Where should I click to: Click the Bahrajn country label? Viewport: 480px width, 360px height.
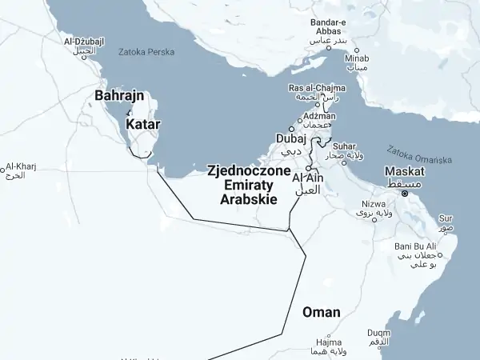click(119, 96)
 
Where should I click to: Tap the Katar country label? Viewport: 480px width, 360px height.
click(143, 125)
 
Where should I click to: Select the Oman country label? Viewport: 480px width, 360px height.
click(321, 312)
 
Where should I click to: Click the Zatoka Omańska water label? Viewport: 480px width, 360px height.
click(419, 154)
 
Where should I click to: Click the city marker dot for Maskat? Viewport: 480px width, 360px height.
click(406, 193)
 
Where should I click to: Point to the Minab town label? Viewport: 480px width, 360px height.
click(357, 58)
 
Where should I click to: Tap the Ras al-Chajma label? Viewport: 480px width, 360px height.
click(317, 87)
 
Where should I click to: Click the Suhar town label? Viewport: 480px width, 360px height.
click(345, 146)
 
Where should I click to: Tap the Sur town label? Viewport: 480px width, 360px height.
click(446, 218)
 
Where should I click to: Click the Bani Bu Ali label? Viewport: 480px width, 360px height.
click(416, 246)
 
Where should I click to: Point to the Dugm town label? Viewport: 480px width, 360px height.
click(379, 333)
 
